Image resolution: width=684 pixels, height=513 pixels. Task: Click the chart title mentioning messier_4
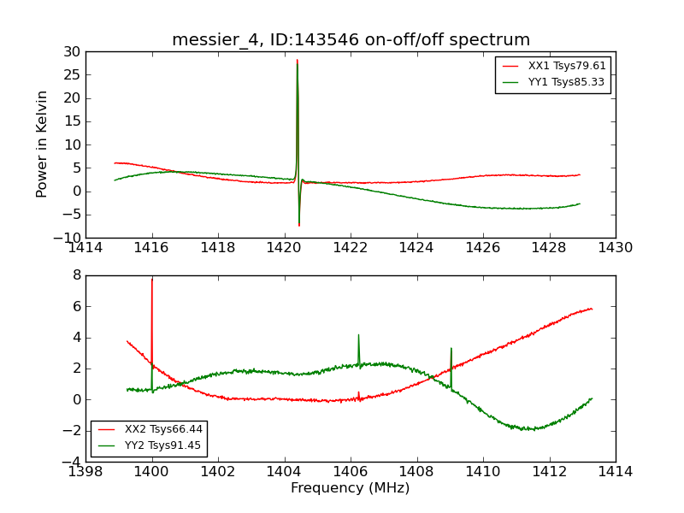click(x=351, y=40)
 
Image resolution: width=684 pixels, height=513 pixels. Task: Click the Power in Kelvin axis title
click(x=42, y=144)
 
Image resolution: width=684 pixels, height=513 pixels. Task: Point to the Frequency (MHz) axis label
click(x=351, y=488)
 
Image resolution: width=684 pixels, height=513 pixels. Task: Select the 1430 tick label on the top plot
click(x=615, y=248)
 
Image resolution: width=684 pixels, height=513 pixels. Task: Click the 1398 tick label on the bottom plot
click(x=85, y=471)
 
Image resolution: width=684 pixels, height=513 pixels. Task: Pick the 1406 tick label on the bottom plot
click(x=351, y=471)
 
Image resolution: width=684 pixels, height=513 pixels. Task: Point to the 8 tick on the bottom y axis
click(x=76, y=275)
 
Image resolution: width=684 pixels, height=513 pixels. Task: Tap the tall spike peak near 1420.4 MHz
click(x=298, y=60)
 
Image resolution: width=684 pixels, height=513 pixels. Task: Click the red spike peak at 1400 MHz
click(x=152, y=279)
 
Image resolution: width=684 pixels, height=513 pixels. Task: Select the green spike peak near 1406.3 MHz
click(x=358, y=335)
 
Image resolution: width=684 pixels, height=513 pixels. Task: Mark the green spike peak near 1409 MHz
click(x=451, y=349)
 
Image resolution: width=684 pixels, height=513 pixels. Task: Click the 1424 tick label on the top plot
click(x=416, y=248)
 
